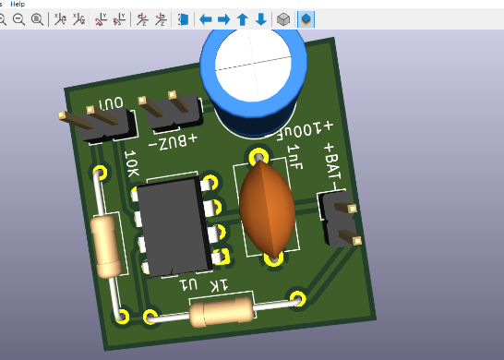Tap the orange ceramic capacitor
point(268,209)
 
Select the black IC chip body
point(174,226)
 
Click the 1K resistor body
point(222,311)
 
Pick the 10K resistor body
point(106,246)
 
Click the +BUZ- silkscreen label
point(173,142)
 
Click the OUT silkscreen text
point(111,103)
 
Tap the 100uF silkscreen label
point(305,131)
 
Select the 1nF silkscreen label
point(295,157)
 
